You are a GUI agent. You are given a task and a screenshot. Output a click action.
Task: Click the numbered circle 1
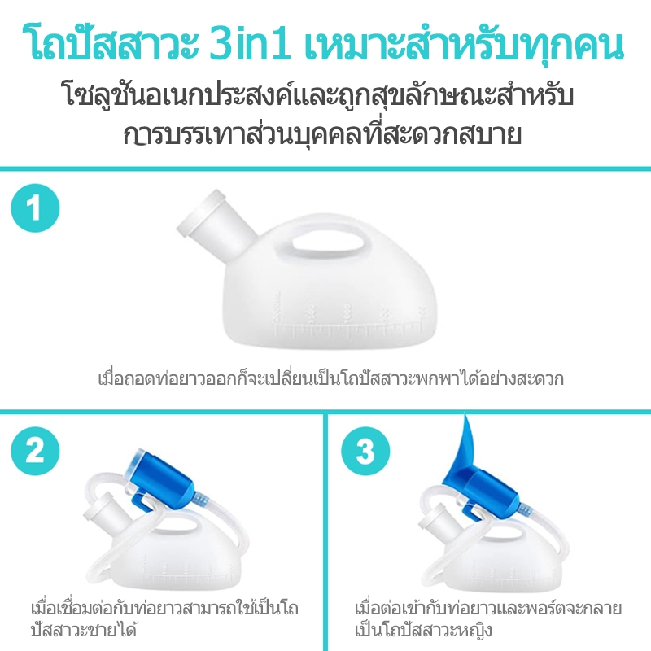35,208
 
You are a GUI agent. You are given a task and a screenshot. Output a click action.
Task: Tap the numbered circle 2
35,452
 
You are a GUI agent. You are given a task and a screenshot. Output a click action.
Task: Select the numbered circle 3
365,452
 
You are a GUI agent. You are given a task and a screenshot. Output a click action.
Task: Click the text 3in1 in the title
250,44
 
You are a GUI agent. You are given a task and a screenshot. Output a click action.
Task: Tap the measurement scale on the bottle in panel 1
350,320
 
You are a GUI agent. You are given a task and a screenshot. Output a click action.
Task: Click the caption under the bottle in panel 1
331,378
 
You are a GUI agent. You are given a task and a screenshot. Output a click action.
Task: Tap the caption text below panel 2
165,619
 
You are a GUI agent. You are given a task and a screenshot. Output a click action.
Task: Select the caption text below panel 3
488,619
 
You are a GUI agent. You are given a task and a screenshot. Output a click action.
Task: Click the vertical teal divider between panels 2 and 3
325,531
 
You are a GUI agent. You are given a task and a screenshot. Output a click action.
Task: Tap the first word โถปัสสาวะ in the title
112,44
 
